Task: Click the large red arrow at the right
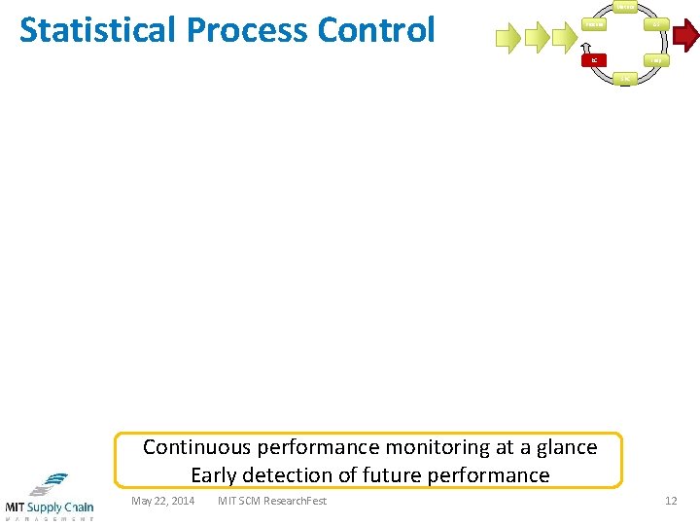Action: pyautogui.click(x=686, y=38)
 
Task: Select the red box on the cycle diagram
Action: pyautogui.click(x=595, y=60)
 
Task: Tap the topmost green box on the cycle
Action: pyautogui.click(x=626, y=7)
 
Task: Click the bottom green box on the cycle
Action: pyautogui.click(x=626, y=78)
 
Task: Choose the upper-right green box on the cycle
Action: pyautogui.click(x=657, y=23)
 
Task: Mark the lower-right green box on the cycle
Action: pyautogui.click(x=657, y=60)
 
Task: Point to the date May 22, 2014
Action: pyautogui.click(x=162, y=501)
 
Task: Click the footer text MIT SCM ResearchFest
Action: pyautogui.click(x=272, y=501)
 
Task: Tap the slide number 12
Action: pyautogui.click(x=671, y=501)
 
